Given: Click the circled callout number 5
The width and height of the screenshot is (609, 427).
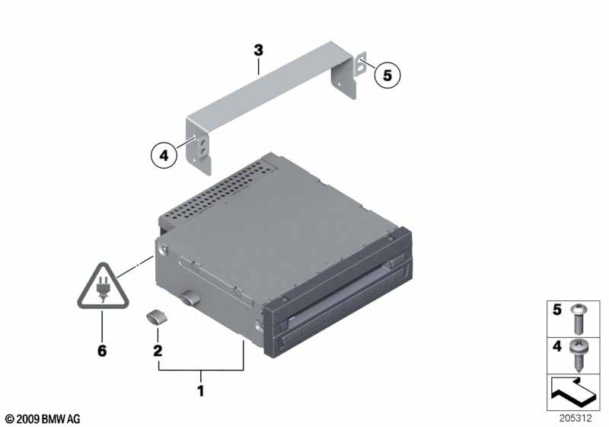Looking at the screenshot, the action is [x=387, y=75].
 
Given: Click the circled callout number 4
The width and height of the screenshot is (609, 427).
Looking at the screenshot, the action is [x=164, y=156].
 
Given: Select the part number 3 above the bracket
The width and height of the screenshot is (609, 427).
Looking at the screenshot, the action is [x=258, y=50].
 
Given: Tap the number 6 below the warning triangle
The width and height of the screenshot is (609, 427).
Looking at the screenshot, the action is [x=102, y=351].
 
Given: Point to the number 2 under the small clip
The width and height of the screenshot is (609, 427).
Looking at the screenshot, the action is [x=158, y=351].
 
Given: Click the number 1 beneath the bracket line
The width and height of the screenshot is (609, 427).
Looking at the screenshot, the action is [x=200, y=391].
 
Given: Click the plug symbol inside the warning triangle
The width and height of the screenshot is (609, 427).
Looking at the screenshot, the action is [x=103, y=288].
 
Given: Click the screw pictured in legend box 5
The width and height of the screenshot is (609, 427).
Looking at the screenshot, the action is [x=579, y=319].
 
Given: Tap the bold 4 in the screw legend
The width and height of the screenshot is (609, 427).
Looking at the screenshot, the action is [x=557, y=346].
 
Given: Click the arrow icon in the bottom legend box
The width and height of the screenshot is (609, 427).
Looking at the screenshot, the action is [x=572, y=393].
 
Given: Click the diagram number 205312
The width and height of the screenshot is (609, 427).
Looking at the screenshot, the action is [x=576, y=418].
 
